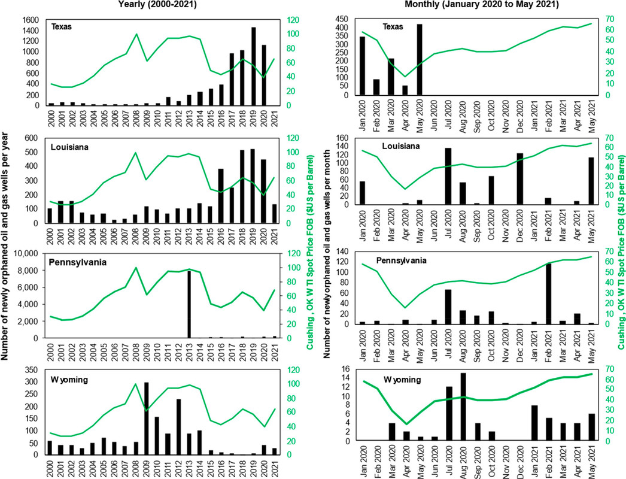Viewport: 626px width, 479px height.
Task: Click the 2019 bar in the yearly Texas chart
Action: click(253, 66)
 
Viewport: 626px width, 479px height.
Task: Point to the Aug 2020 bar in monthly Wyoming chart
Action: click(463, 407)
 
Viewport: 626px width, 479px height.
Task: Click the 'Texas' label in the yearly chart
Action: click(60, 27)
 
